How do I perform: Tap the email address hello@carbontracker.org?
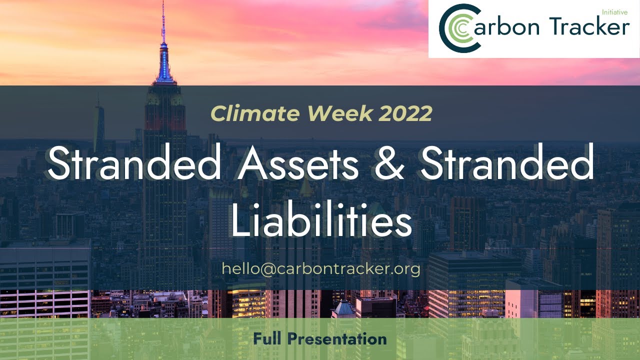320,268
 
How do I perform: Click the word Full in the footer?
268,339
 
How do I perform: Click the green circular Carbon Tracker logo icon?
458,28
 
